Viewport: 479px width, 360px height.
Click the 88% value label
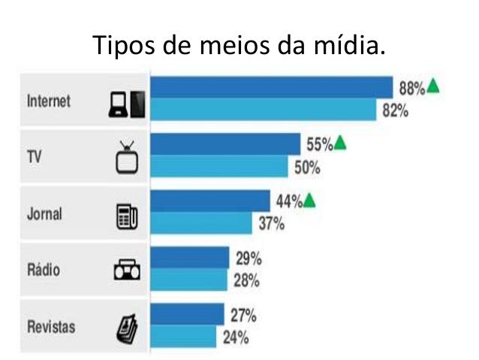tap(411, 88)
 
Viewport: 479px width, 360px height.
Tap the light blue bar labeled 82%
tap(263, 110)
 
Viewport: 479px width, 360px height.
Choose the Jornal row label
tap(44, 214)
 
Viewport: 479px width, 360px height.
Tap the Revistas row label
tap(50, 327)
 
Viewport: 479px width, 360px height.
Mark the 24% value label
tap(236, 337)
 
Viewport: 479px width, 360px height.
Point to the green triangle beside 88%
tap(433, 86)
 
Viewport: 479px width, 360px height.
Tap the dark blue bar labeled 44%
tap(211, 201)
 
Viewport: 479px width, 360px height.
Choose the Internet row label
tap(49, 101)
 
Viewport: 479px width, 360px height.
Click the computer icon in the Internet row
tap(126, 104)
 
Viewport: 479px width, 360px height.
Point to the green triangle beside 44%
tap(310, 200)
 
